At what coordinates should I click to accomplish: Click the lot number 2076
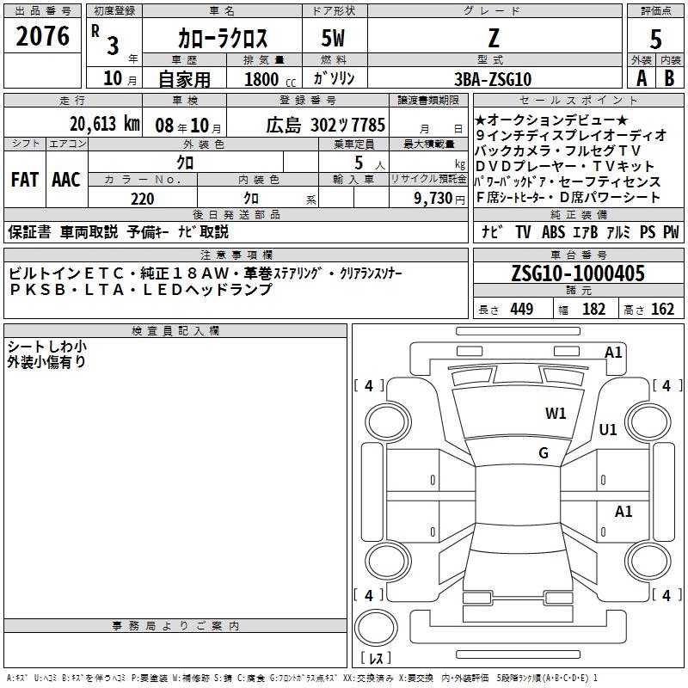[42, 36]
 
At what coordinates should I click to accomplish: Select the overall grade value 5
[655, 39]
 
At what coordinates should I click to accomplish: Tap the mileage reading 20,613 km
[104, 124]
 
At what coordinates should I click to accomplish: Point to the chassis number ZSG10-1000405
[578, 273]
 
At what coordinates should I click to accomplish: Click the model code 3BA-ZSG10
[492, 79]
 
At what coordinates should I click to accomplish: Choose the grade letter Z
[494, 38]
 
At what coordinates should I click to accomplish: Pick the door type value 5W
[333, 38]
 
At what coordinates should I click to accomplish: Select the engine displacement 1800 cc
[270, 79]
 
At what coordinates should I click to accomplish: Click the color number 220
[142, 199]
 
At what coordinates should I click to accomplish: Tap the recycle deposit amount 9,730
[433, 199]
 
